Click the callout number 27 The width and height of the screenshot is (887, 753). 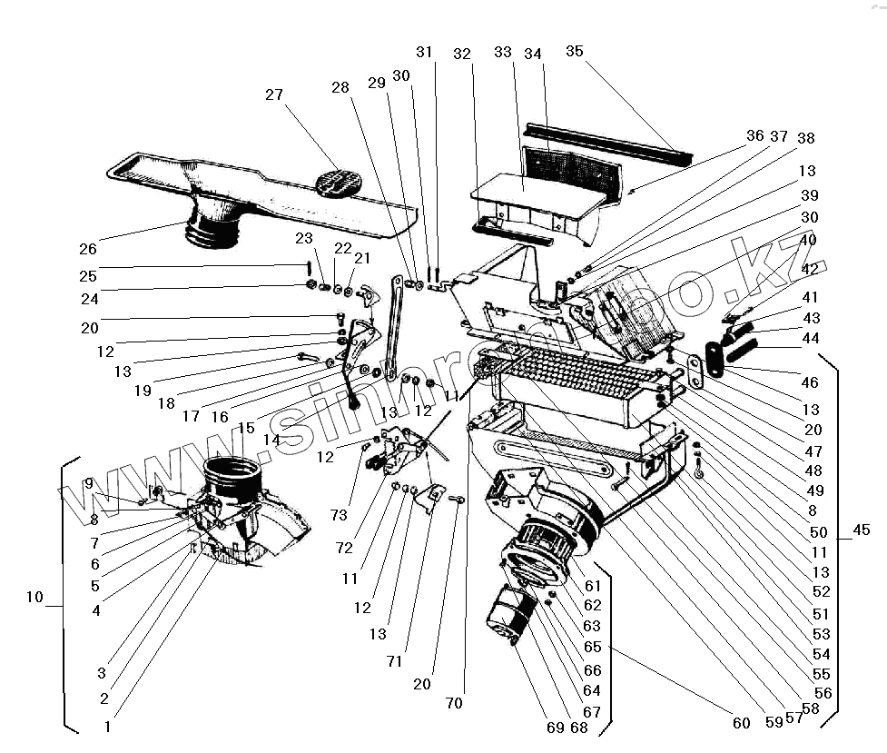point(275,94)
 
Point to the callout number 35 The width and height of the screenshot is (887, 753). point(575,51)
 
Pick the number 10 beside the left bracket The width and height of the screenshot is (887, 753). point(34,597)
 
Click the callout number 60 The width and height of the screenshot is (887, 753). point(742,723)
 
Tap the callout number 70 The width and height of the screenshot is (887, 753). point(454,703)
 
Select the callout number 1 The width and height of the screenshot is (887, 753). point(108,726)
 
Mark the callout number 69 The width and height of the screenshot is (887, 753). point(555,728)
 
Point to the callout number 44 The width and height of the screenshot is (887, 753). point(811,339)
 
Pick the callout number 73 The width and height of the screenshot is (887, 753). point(339,515)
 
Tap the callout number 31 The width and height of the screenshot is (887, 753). point(426,52)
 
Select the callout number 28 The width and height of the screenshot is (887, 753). point(340,87)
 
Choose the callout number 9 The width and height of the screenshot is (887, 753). point(89,483)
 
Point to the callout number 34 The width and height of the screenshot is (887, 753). point(533,54)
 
